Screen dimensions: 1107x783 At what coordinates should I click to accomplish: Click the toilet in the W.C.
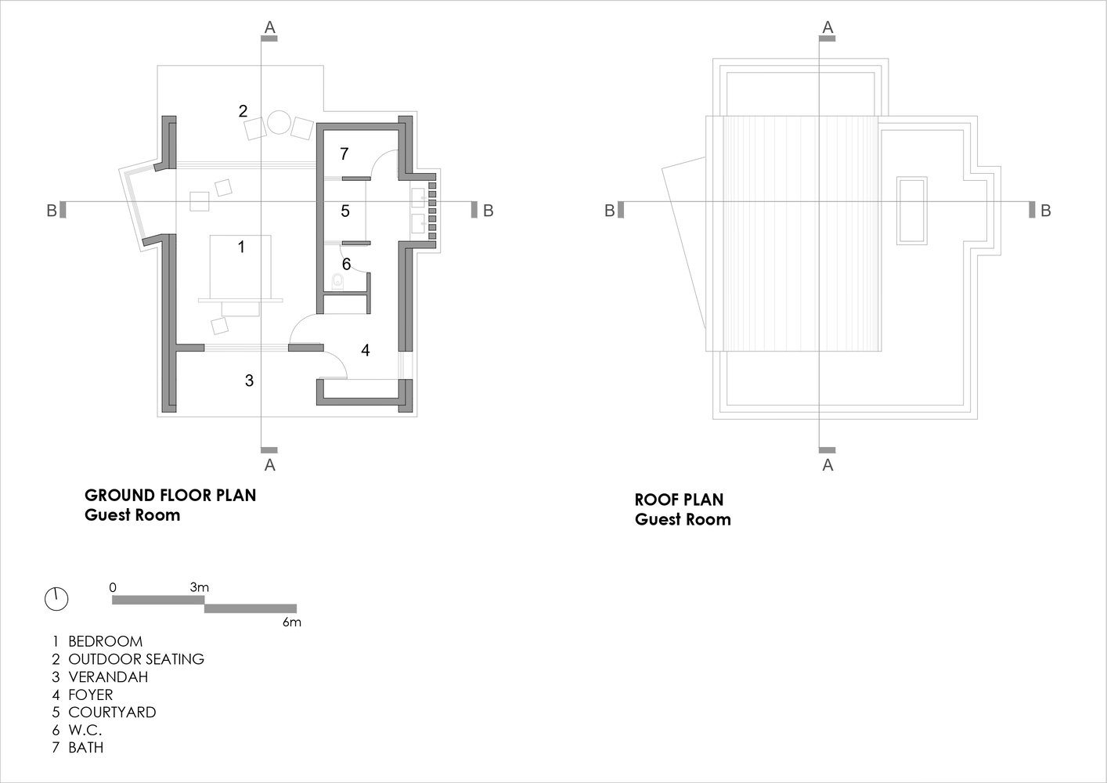click(338, 281)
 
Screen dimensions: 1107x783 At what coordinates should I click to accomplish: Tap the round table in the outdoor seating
click(279, 122)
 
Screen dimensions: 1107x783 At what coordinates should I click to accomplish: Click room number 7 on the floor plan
click(344, 153)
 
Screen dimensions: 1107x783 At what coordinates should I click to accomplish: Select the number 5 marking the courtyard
click(345, 211)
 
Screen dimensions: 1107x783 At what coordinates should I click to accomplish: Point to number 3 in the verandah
click(250, 380)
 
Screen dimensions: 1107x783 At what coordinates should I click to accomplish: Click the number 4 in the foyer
click(365, 350)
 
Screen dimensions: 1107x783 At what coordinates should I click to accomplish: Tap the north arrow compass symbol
click(56, 599)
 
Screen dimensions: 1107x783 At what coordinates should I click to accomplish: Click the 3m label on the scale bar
click(199, 587)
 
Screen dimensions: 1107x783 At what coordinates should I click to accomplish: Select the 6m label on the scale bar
click(291, 622)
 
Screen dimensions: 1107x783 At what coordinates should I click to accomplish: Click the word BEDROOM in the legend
click(105, 641)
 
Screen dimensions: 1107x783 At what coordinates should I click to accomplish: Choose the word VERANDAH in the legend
click(108, 677)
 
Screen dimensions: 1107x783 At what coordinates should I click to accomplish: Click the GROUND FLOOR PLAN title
click(171, 496)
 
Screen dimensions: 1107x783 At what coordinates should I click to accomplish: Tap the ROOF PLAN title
click(679, 500)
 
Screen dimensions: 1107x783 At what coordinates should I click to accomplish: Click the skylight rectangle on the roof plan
click(912, 211)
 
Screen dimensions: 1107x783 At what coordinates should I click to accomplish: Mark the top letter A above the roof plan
click(828, 27)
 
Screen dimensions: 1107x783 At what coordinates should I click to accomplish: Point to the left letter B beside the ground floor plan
click(52, 211)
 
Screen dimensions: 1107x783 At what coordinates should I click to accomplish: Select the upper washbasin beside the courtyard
click(418, 198)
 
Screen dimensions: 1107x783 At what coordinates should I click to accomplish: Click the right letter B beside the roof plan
click(1046, 211)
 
